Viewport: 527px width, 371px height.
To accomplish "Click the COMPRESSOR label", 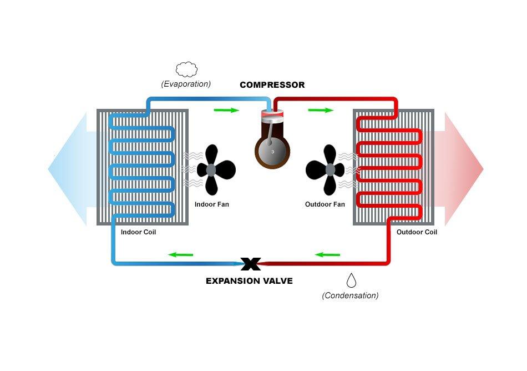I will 272,85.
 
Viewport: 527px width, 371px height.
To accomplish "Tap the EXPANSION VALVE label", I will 249,281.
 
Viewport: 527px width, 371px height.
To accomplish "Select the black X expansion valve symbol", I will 251,263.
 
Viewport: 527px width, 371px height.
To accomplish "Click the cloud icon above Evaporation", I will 186,69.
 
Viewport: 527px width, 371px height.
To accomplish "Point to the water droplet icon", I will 352,279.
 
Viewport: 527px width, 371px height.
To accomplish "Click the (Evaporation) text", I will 186,84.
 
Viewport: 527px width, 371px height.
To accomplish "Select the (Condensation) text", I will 350,295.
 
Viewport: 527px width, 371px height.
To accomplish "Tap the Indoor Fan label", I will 211,204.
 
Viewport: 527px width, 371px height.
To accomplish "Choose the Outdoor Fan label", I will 325,204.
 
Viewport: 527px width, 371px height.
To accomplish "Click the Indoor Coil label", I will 138,232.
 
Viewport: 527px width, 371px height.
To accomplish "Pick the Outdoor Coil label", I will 417,232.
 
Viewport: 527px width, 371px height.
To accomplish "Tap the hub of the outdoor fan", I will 330,169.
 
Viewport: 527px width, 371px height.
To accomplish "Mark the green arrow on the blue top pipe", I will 226,110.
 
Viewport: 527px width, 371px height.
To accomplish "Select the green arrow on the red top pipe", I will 321,110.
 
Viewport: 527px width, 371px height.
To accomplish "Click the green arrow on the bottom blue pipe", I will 180,255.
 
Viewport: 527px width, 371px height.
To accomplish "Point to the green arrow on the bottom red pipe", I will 327,255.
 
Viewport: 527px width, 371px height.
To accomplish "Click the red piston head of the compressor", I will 272,116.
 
